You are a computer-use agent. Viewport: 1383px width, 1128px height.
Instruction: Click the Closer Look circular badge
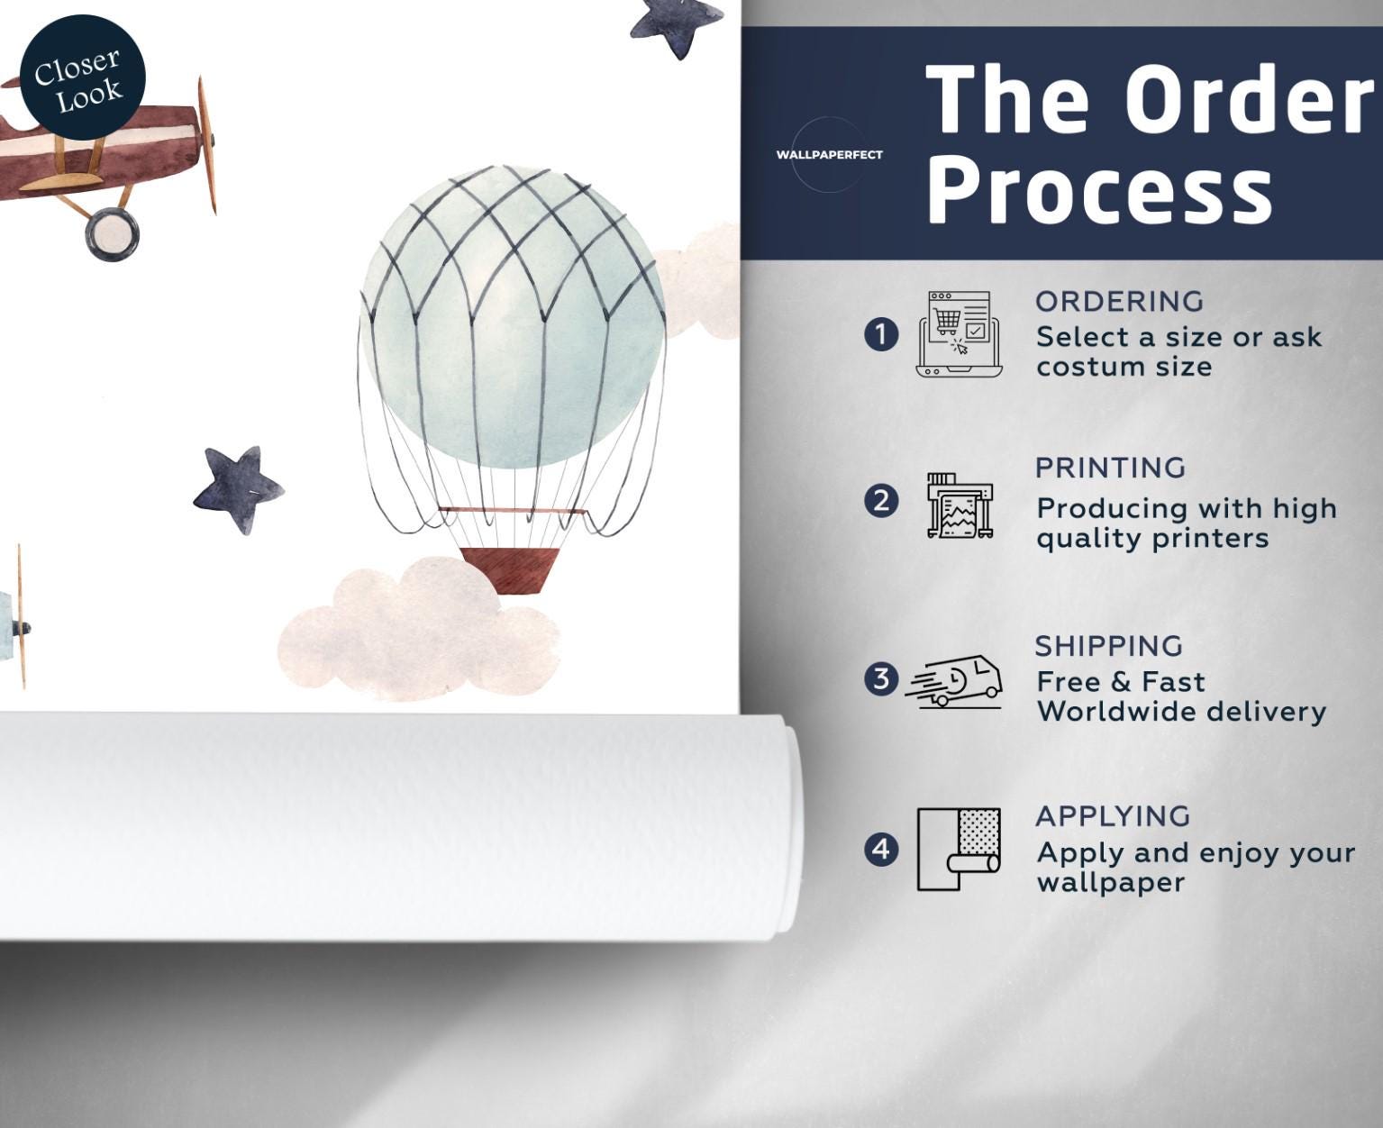coord(82,77)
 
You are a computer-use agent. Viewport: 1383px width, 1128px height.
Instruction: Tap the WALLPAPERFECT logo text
coord(829,155)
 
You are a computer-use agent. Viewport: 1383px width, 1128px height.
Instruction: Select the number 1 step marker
coord(880,334)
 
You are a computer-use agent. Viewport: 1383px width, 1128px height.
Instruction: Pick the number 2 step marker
coord(880,502)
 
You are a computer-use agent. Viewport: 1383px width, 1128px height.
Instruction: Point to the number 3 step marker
coord(880,678)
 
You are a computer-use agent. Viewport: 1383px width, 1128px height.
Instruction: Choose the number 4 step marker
coord(880,850)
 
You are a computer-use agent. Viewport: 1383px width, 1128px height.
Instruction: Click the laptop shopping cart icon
coord(960,334)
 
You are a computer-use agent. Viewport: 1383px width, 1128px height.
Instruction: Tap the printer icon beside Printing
coord(960,505)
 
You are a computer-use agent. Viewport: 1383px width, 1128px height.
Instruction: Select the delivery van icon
coord(954,682)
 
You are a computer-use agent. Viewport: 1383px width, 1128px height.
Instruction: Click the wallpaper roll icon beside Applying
coord(959,850)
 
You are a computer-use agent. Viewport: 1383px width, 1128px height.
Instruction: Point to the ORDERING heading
coord(1119,302)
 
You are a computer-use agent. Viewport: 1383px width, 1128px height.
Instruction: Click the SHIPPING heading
coord(1109,646)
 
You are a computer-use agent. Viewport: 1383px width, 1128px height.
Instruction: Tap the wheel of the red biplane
coord(112,234)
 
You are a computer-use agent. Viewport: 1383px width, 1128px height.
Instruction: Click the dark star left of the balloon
coord(238,489)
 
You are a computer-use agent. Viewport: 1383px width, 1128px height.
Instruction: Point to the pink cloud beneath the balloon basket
coord(418,630)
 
